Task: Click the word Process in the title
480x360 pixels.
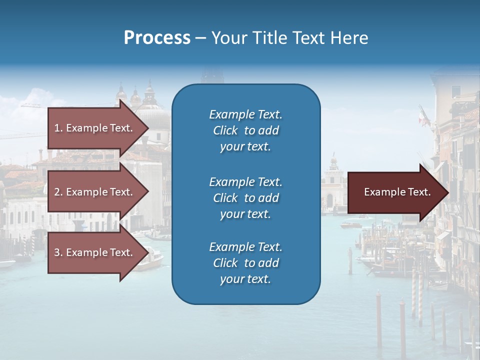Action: tap(157, 38)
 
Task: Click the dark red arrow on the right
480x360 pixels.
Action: tap(395, 192)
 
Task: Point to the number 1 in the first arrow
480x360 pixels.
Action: tap(57, 128)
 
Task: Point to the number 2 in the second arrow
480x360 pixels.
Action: tap(57, 192)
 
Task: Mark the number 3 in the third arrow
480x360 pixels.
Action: tap(57, 252)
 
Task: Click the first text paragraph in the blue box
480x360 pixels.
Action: tap(245, 130)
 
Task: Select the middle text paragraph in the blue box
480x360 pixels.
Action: tap(245, 197)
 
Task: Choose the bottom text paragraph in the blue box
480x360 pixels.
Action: tap(245, 263)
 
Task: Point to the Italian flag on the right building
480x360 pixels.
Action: tap(422, 116)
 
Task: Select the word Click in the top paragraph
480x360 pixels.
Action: tap(225, 130)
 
